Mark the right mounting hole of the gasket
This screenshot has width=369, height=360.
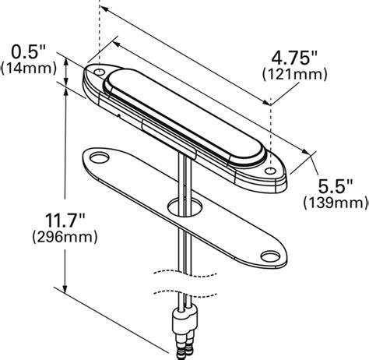click(269, 255)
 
